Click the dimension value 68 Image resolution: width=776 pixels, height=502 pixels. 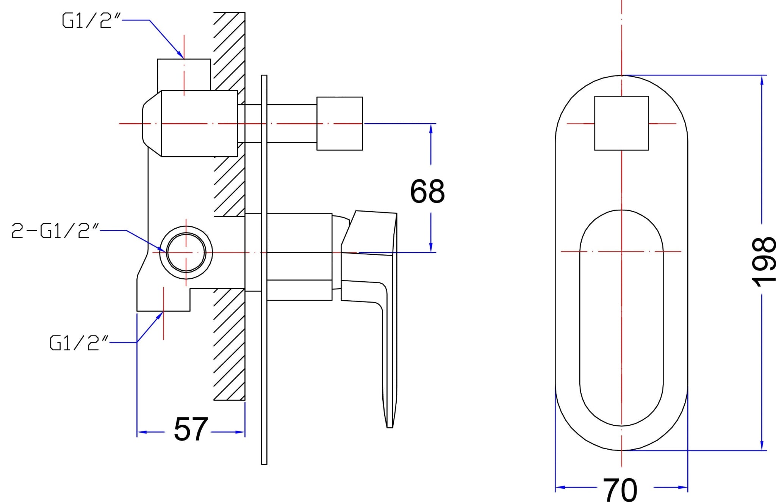point(427,191)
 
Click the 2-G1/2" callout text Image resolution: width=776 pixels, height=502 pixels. point(55,231)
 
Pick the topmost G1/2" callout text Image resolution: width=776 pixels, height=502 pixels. point(91,20)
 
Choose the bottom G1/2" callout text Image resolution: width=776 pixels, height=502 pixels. point(79,343)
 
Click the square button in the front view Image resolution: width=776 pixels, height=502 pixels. point(621,123)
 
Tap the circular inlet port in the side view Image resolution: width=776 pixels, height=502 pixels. point(186,252)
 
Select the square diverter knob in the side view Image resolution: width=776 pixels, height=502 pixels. point(339,124)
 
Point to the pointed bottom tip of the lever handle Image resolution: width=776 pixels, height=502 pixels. point(390,428)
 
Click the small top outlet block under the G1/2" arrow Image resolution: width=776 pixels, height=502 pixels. point(184,75)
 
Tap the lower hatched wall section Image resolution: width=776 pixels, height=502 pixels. point(229,344)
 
